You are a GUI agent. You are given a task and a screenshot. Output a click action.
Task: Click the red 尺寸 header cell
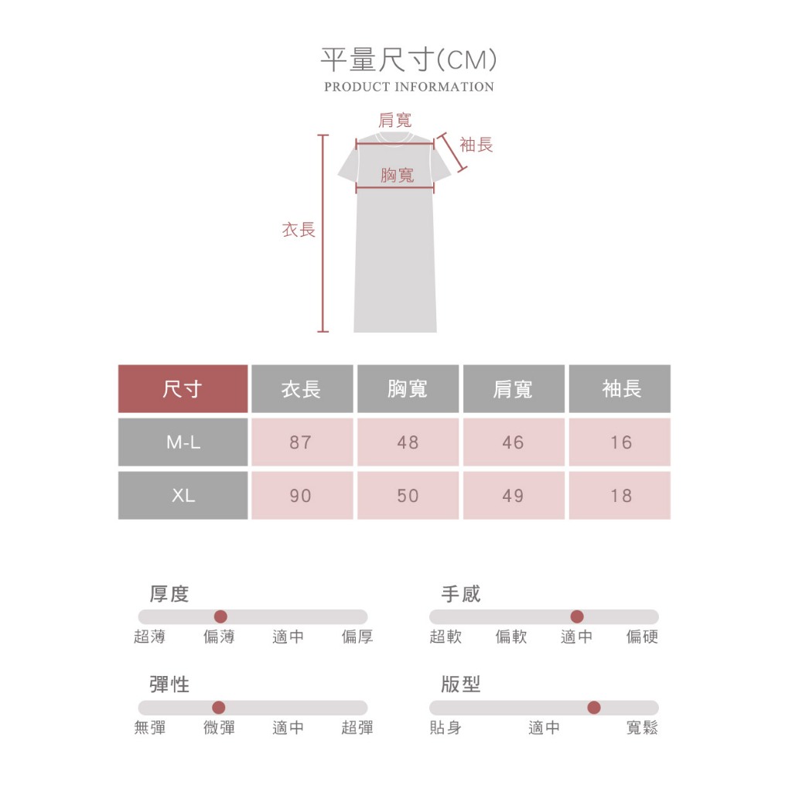183,388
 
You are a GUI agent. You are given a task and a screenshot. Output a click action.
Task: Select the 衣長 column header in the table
302,388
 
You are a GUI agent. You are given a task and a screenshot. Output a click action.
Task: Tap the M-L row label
183,442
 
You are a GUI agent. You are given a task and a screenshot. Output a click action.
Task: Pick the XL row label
183,495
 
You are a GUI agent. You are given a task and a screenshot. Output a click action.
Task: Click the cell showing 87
302,442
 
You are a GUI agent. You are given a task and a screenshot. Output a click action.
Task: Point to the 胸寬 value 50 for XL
408,495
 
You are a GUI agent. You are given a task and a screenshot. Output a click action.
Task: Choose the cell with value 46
514,442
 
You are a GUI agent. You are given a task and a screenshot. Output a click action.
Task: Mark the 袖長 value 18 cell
620,495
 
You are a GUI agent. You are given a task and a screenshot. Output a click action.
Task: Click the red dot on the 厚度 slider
220,616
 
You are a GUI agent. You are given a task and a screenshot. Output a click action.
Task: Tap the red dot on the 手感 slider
577,616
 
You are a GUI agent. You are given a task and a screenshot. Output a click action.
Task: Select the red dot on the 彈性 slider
219,707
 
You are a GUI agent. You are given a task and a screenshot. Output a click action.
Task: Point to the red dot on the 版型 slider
594,707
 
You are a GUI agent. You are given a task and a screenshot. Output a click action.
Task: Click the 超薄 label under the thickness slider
149,637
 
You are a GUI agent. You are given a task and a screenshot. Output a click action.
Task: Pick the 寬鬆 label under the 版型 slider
642,727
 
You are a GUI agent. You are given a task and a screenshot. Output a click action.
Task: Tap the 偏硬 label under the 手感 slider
642,637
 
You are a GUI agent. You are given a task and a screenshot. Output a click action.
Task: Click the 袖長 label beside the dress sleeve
476,145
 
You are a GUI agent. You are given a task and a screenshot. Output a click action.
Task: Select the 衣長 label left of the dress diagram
299,229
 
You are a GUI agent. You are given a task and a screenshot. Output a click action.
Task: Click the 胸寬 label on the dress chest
398,175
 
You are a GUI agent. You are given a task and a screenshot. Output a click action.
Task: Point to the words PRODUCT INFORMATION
409,87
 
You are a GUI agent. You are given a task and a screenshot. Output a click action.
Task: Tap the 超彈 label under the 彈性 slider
357,727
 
